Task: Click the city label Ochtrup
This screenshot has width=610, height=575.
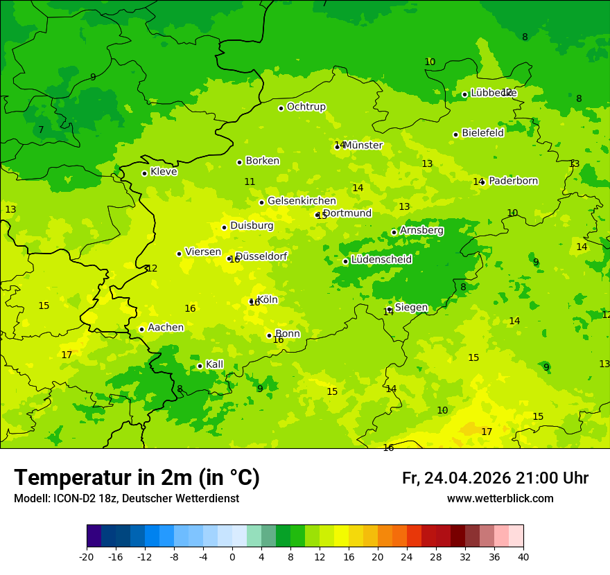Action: [x=306, y=107]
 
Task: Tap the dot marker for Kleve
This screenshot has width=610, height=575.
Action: [x=144, y=173]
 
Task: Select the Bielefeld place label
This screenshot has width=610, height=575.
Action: [x=482, y=133]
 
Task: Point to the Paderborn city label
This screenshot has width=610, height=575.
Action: [x=513, y=181]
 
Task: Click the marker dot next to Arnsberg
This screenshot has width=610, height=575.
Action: [x=394, y=232]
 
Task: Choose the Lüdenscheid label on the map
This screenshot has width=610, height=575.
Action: [x=381, y=260]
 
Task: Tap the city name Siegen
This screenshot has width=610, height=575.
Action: [x=411, y=308]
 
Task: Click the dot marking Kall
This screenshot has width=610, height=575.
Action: [x=200, y=366]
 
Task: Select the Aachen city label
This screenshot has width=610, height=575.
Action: [x=166, y=328]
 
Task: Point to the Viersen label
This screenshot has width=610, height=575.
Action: [x=202, y=252]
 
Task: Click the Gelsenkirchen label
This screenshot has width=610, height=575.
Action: [x=302, y=201]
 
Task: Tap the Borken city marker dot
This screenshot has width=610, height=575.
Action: [x=239, y=162]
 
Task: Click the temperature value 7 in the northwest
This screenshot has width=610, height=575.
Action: [x=41, y=130]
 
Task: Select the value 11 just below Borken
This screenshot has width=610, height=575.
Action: [x=250, y=182]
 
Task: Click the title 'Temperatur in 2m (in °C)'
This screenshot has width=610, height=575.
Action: [x=137, y=477]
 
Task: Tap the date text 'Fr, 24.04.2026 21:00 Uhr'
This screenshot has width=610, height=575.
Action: [x=495, y=478]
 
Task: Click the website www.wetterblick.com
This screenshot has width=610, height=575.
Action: [x=500, y=499]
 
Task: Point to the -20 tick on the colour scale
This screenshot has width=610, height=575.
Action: [x=87, y=556]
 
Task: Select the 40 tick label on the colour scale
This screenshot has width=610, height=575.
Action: [x=523, y=556]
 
